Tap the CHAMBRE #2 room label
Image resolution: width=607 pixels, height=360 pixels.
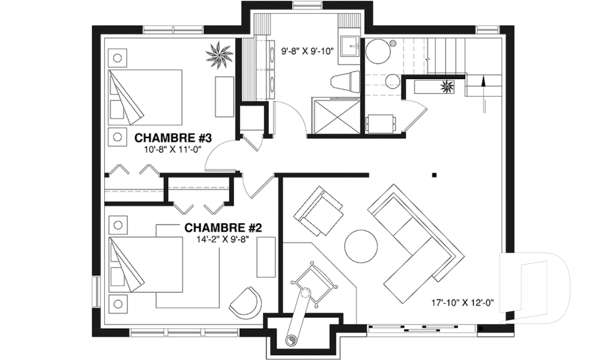(x=223, y=228)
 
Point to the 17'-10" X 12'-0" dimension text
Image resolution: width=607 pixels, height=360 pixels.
(x=463, y=302)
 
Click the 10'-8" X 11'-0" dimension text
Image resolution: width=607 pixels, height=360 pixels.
(x=174, y=149)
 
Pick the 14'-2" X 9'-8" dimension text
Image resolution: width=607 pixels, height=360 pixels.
(x=222, y=239)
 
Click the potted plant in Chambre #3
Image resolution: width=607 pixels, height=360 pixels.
(x=219, y=55)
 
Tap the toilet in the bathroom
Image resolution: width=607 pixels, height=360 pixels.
(x=346, y=82)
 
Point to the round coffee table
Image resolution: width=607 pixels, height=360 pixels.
(x=361, y=247)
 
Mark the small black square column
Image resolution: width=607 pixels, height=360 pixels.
(x=435, y=175)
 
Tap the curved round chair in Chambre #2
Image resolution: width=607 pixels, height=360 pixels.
(x=245, y=301)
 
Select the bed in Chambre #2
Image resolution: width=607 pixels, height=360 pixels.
(x=145, y=264)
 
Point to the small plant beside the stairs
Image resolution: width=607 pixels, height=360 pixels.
(x=448, y=86)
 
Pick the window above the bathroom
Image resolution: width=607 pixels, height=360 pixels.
(x=308, y=5)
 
